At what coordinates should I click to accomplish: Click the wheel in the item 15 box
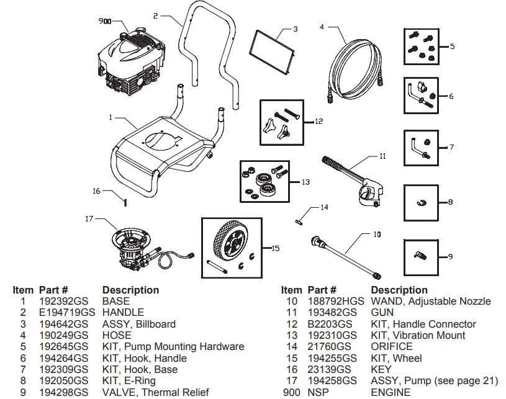tap(227, 243)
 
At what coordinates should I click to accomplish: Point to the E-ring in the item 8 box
tap(420, 202)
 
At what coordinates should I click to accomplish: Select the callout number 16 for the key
tap(96, 191)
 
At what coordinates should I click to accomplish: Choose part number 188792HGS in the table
tap(335, 302)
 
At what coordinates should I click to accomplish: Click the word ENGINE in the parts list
tap(391, 392)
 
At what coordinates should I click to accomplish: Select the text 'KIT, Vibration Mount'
tap(417, 336)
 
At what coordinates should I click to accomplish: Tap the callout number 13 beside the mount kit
tap(305, 182)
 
